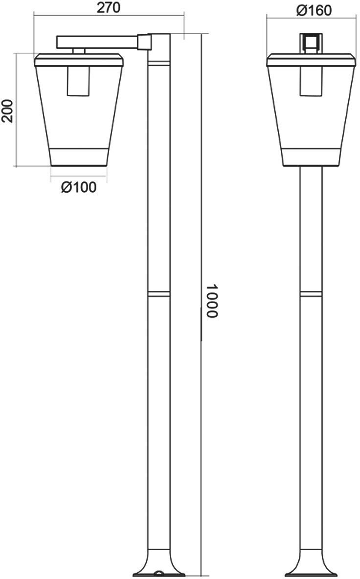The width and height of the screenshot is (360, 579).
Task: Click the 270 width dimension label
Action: pyautogui.click(x=109, y=7)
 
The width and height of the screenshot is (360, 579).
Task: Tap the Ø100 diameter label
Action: pyautogui.click(x=79, y=188)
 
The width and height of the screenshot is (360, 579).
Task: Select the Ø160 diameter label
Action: pyautogui.click(x=314, y=11)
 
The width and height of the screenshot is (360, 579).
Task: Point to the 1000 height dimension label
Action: pyautogui.click(x=212, y=301)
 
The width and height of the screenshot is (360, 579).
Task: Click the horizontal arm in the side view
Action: pyautogui.click(x=97, y=42)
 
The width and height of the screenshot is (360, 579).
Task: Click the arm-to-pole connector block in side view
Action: pyautogui.click(x=144, y=42)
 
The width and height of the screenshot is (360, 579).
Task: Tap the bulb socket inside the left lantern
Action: pyautogui.click(x=78, y=81)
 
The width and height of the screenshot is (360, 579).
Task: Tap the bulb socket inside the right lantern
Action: pyautogui.click(x=312, y=81)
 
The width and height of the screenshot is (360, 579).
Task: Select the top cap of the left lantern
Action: pyautogui.click(x=79, y=60)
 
